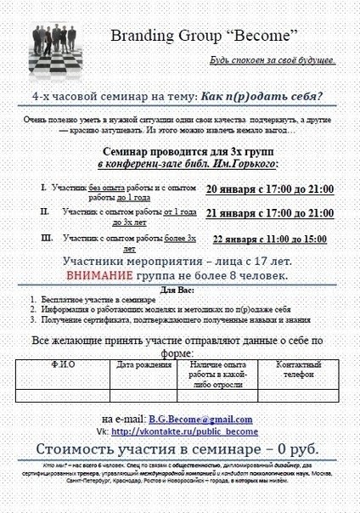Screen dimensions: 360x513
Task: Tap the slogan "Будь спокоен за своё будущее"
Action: (x=273, y=61)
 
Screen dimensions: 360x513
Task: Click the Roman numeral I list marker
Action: (x=43, y=186)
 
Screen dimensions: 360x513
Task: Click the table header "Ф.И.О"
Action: (x=64, y=365)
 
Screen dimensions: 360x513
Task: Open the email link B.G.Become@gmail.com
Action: (x=200, y=420)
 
